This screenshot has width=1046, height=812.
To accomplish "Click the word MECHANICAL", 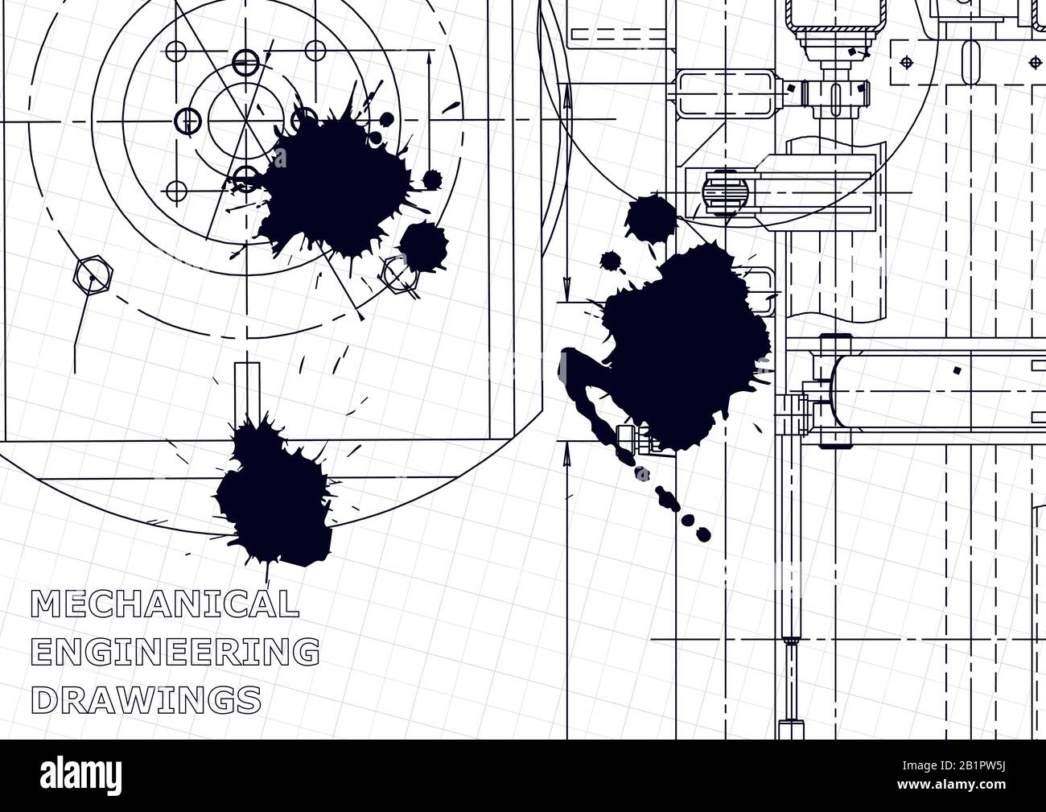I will (x=163, y=603).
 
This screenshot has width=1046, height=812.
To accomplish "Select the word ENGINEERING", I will (x=174, y=651).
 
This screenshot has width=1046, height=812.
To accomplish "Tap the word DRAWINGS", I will (x=150, y=699).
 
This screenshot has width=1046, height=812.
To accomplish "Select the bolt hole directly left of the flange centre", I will (x=187, y=120).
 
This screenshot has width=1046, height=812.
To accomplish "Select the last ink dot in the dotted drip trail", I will (x=702, y=533).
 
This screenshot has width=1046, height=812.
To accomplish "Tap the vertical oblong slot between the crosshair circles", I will (x=969, y=61).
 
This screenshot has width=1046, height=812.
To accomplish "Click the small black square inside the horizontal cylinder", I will (x=956, y=371).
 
